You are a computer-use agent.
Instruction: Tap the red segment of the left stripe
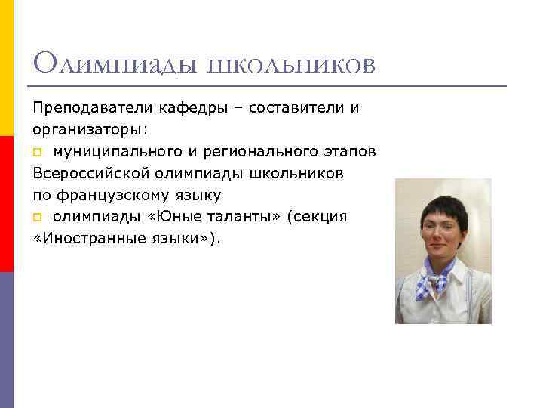7,204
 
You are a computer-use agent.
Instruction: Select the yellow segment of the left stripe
7,68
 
